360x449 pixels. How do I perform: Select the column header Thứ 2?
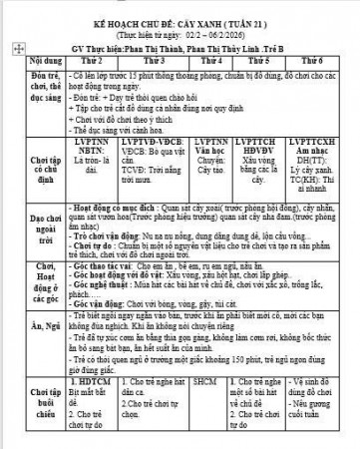point(97,60)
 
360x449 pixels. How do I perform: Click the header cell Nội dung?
point(34,60)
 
